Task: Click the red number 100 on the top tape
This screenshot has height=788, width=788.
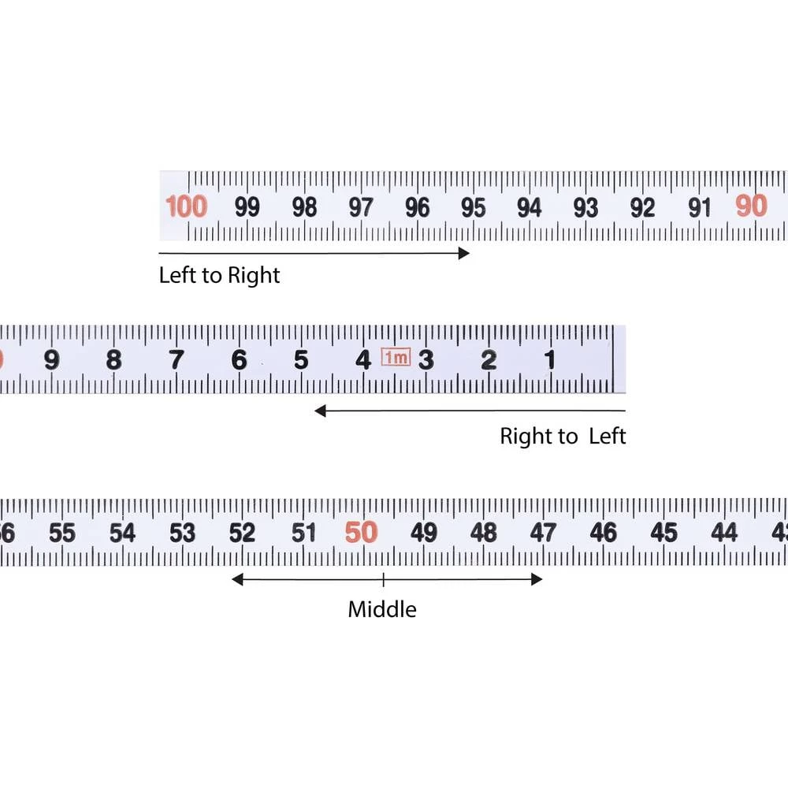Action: tap(187, 206)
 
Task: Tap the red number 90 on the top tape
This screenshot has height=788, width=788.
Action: tap(751, 206)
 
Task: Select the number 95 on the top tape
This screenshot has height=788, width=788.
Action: tap(474, 207)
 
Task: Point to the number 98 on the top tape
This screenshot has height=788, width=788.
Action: tap(304, 207)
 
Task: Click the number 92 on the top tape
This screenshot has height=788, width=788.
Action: tap(643, 207)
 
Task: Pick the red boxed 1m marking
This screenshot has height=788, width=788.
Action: tap(396, 357)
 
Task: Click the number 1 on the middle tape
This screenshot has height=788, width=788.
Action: tap(550, 359)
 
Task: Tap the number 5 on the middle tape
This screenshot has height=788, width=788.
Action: tap(301, 359)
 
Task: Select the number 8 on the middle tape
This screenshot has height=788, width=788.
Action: tap(113, 359)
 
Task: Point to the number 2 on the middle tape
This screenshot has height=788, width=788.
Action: tap(489, 360)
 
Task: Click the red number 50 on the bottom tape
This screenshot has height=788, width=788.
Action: tap(362, 532)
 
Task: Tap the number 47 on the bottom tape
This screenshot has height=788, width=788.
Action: tap(543, 533)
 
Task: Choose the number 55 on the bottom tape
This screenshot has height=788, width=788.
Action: tap(62, 533)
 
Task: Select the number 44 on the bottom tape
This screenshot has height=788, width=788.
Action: tap(724, 532)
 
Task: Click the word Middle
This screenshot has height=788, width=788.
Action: tap(382, 610)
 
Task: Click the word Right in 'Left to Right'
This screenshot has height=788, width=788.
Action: tap(254, 276)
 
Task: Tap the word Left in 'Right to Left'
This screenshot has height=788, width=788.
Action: tap(608, 436)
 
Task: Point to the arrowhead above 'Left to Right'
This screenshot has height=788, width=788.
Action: tap(464, 253)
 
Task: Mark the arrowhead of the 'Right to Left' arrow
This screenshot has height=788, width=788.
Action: tap(320, 411)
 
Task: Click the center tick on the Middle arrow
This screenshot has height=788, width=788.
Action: tap(384, 579)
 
